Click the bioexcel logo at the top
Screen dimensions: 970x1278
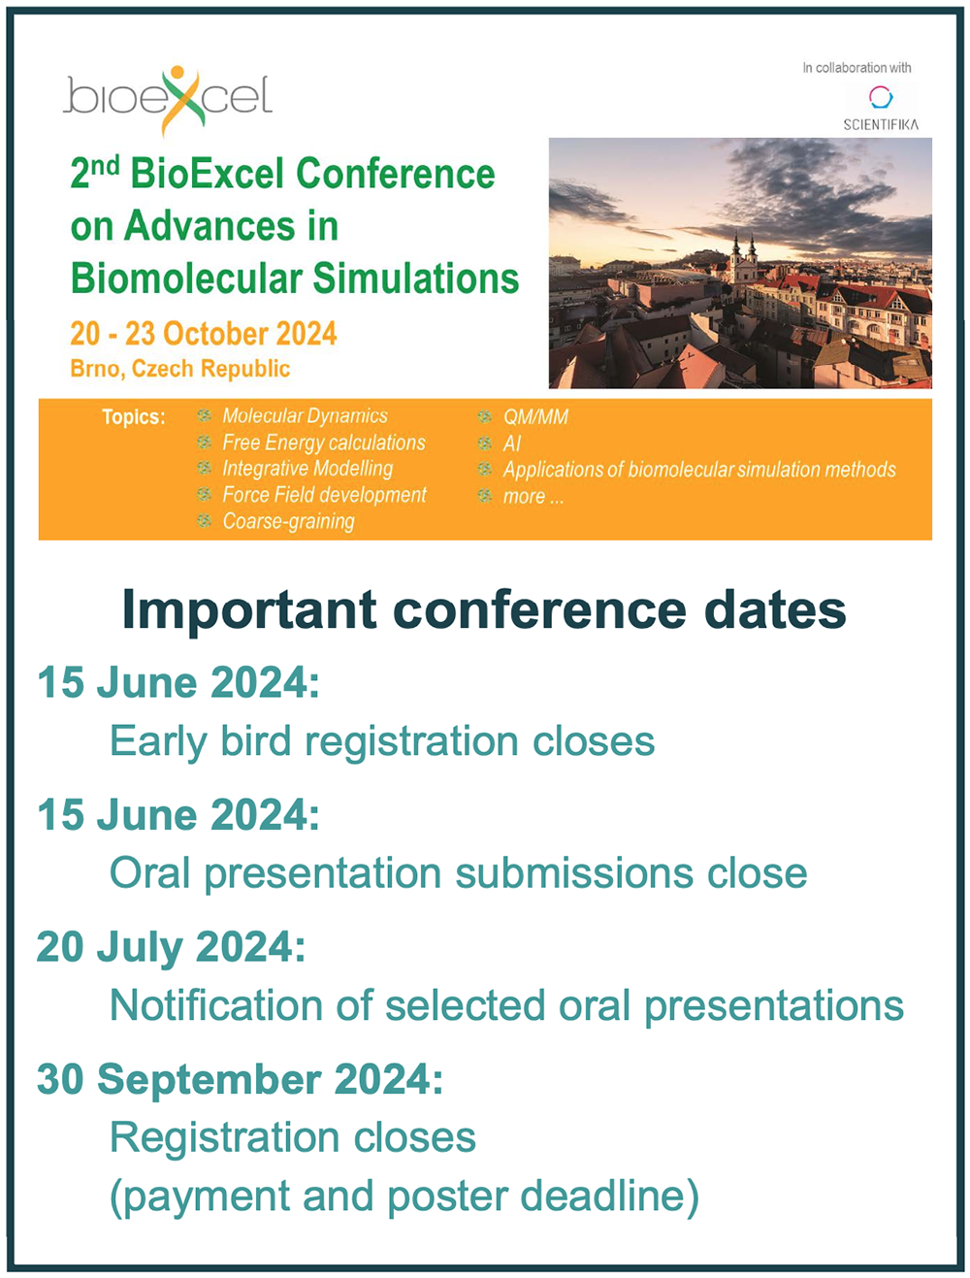[168, 99]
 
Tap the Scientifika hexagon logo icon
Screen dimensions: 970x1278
[881, 97]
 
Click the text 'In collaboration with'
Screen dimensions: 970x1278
[857, 68]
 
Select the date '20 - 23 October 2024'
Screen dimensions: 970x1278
[204, 334]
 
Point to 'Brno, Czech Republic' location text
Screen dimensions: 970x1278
[180, 369]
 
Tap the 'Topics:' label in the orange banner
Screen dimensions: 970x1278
[134, 417]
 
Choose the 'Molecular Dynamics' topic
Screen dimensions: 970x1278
[305, 415]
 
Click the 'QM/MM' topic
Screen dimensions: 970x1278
[535, 417]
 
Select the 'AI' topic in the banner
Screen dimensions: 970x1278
[511, 443]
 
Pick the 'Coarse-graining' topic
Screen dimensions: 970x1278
[289, 521]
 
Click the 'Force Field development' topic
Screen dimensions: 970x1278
[324, 495]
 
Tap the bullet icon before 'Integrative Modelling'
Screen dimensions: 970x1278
[204, 468]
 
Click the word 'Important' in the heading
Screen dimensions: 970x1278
[249, 610]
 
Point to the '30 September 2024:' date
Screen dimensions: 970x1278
[240, 1079]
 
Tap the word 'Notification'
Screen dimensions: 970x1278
[216, 1005]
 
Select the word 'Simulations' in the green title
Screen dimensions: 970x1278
[416, 278]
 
